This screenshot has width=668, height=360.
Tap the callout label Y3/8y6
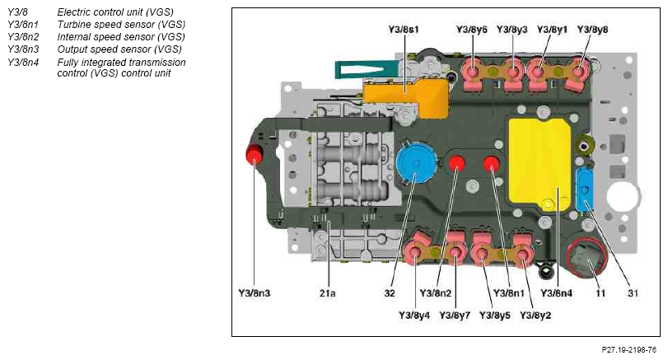tap(472, 30)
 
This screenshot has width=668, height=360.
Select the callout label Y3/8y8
tap(593, 30)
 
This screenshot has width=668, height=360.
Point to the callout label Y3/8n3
tap(256, 292)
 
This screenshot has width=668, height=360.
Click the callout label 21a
tap(328, 292)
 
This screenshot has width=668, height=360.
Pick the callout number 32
tap(389, 292)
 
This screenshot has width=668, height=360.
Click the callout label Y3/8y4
tap(415, 315)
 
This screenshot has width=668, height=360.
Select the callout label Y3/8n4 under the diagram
tap(558, 292)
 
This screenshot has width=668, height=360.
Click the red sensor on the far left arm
tap(255, 154)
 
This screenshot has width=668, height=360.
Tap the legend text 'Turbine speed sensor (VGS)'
tap(121, 25)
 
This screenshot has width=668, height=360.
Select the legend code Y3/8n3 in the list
tap(24, 49)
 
